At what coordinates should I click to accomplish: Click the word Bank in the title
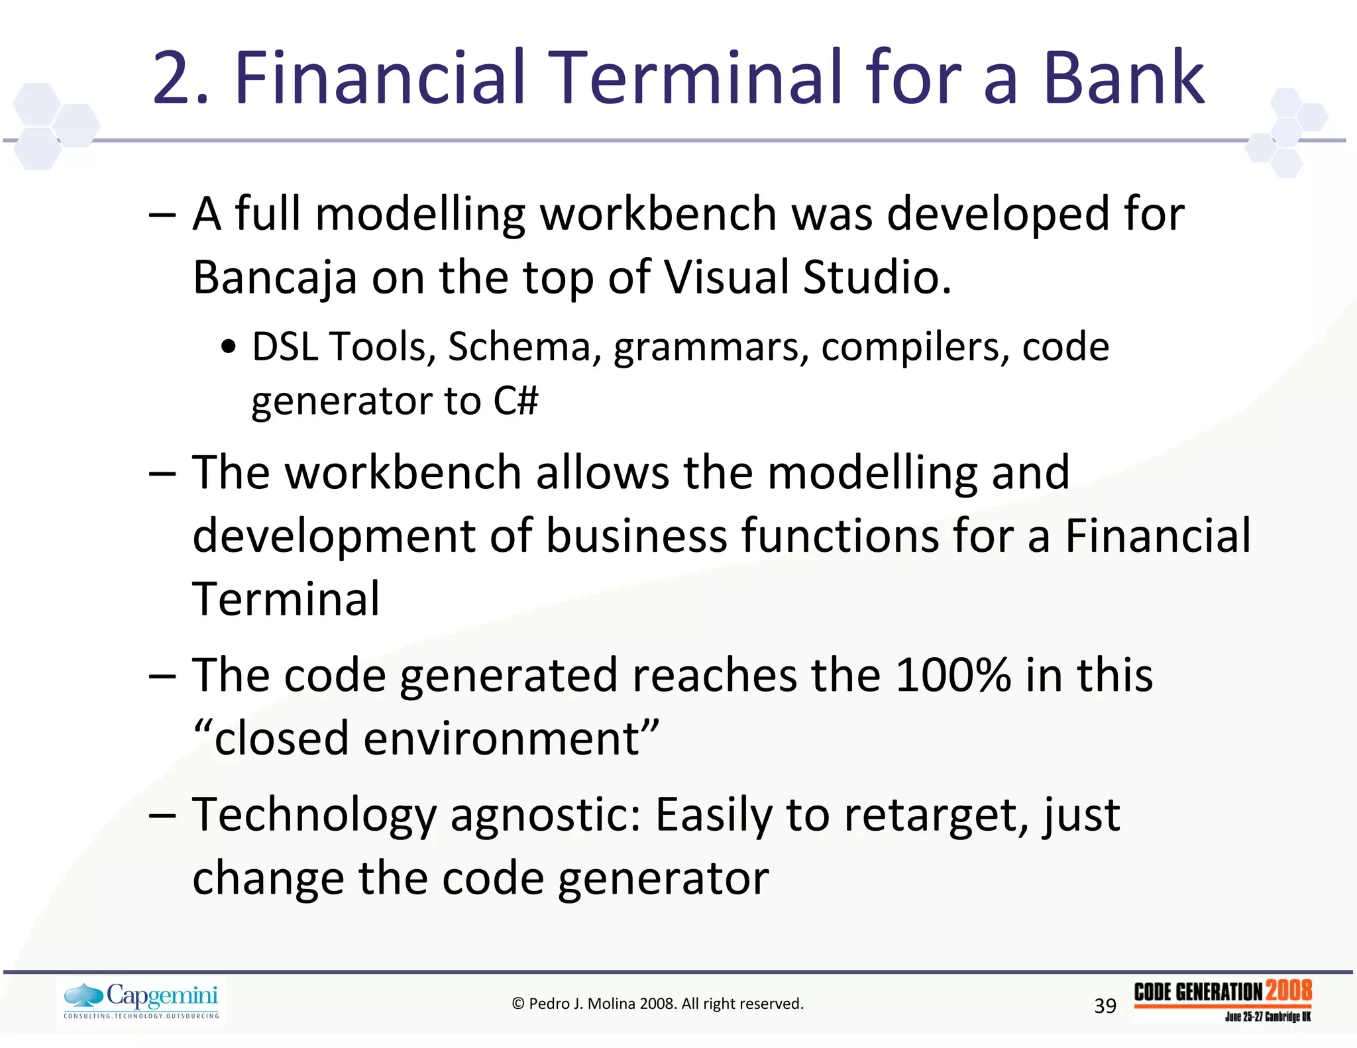(x=1124, y=78)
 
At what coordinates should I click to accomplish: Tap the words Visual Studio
(x=807, y=277)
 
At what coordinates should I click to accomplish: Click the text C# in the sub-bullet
(x=516, y=401)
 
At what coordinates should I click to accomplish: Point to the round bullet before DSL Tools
(x=228, y=348)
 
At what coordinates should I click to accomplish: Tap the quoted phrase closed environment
(x=427, y=738)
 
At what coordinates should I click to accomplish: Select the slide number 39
(x=1105, y=1006)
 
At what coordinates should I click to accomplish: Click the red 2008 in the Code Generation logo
(x=1288, y=991)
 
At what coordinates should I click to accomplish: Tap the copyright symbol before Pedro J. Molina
(x=518, y=1004)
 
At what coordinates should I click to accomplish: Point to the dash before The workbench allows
(x=162, y=473)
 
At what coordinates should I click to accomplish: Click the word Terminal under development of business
(x=286, y=599)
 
